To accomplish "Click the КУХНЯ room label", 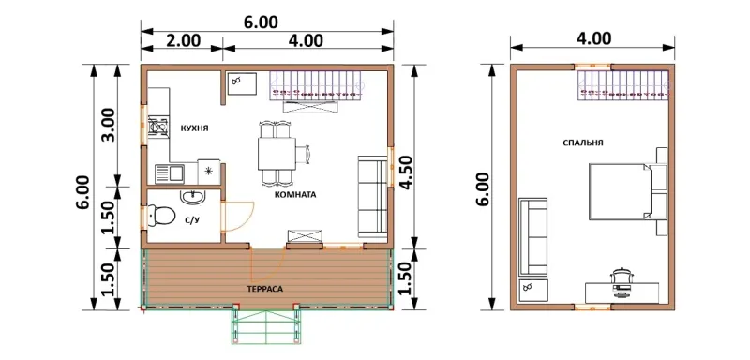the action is [194, 128].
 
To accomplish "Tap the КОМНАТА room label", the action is [295, 195].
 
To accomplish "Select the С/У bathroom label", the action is [192, 221].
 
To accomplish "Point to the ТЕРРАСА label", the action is [265, 289].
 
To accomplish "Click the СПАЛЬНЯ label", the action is [582, 142].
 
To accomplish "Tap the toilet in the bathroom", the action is [160, 216].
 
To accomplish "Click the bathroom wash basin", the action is [193, 196].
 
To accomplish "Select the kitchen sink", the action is [170, 173].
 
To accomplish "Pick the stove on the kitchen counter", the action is [157, 127].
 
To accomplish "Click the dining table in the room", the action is [276, 154].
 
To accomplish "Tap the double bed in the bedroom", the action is [620, 191].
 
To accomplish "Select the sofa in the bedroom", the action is [532, 236].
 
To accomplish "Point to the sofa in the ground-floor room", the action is [372, 197].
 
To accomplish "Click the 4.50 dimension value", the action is [406, 173].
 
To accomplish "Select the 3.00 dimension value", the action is [109, 126].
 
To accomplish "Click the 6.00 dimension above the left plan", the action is [261, 22].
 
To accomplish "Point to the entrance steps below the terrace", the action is [265, 326].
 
